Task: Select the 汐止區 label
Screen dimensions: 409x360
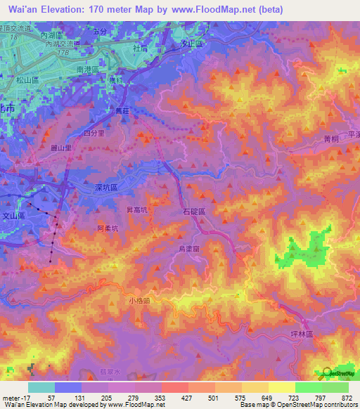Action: [192, 44]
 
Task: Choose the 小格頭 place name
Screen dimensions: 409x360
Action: [139, 300]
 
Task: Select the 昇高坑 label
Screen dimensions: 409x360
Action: [136, 209]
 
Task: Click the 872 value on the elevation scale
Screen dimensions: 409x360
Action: [347, 397]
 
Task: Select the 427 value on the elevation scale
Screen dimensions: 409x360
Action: [174, 397]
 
